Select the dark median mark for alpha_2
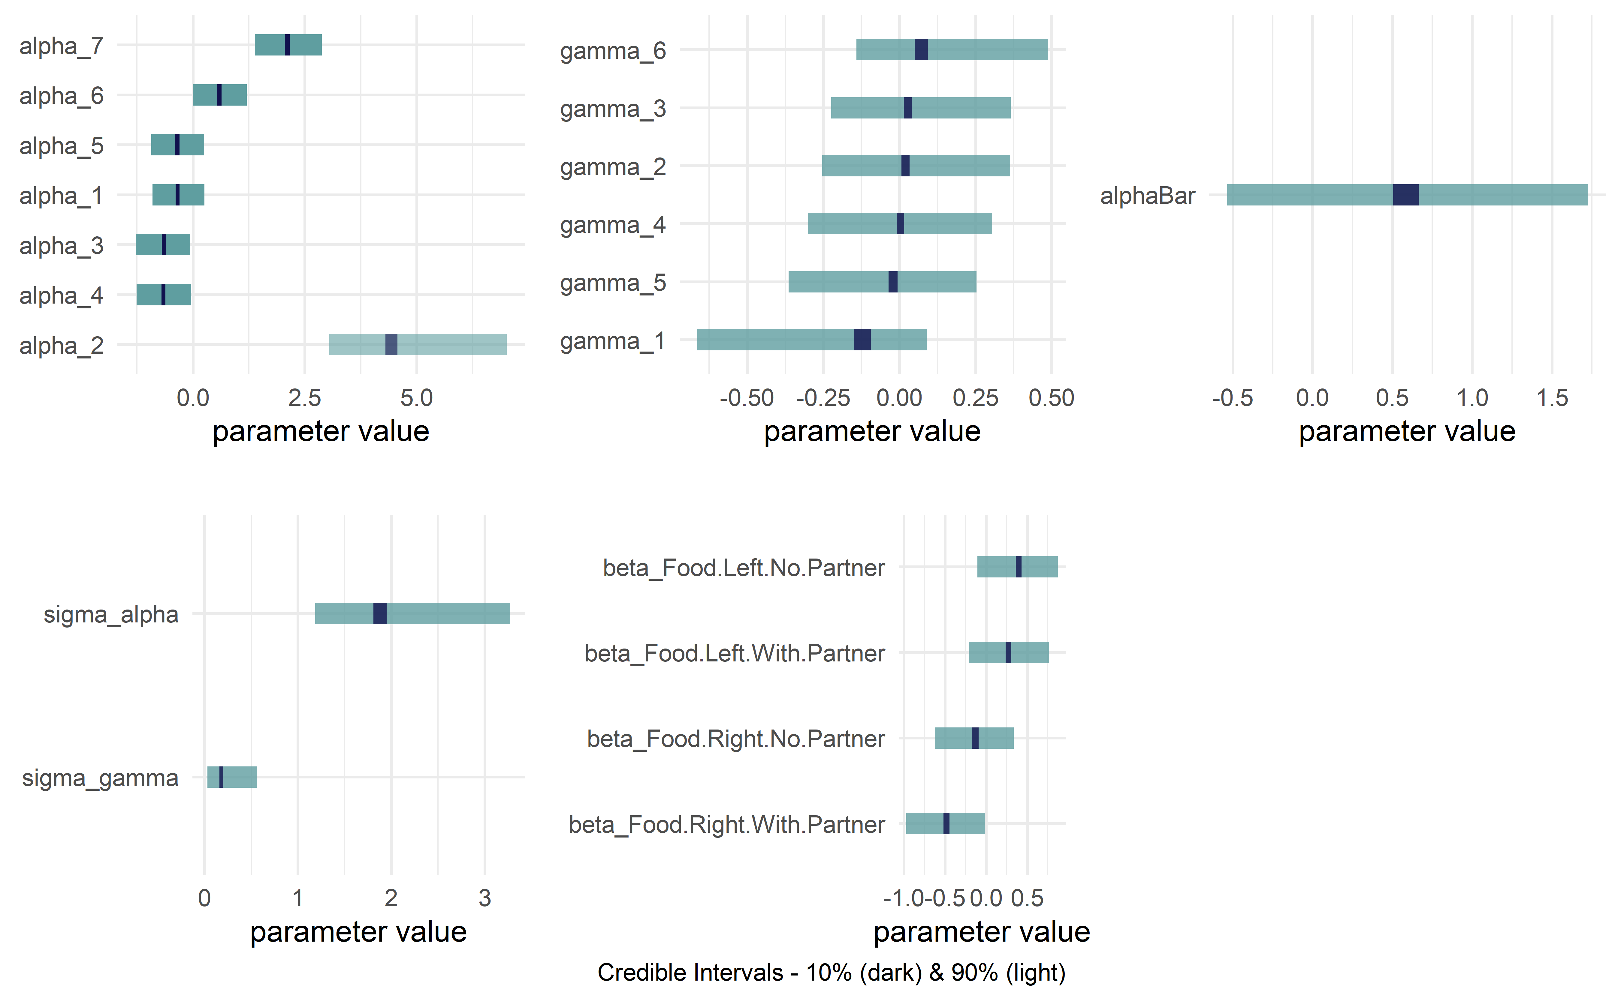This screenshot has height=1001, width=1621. [391, 344]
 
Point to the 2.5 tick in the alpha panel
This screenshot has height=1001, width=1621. [305, 398]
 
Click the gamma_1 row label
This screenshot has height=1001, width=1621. [613, 341]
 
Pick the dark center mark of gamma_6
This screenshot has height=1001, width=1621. [921, 50]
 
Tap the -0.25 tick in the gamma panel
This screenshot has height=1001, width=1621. [823, 398]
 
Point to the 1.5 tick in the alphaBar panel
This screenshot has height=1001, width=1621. [1552, 398]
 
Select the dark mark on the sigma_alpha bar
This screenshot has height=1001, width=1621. [379, 614]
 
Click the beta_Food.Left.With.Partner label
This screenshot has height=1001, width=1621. [734, 653]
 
